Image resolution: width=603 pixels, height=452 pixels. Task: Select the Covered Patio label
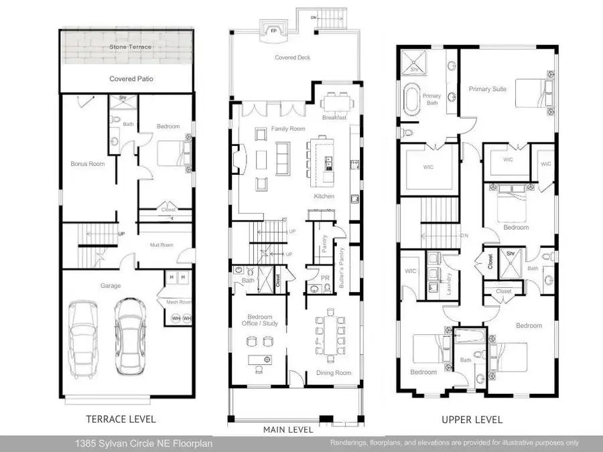pyautogui.click(x=131, y=79)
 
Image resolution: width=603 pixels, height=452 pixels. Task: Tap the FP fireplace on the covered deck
pyautogui.click(x=273, y=31)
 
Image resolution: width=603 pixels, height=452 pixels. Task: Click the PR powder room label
pyautogui.click(x=324, y=277)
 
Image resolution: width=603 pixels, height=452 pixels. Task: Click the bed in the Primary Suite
pyautogui.click(x=535, y=91)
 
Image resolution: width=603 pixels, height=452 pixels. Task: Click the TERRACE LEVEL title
pyautogui.click(x=121, y=419)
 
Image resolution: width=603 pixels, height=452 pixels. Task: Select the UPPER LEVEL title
pyautogui.click(x=472, y=420)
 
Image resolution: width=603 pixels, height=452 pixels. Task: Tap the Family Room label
pyautogui.click(x=288, y=129)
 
